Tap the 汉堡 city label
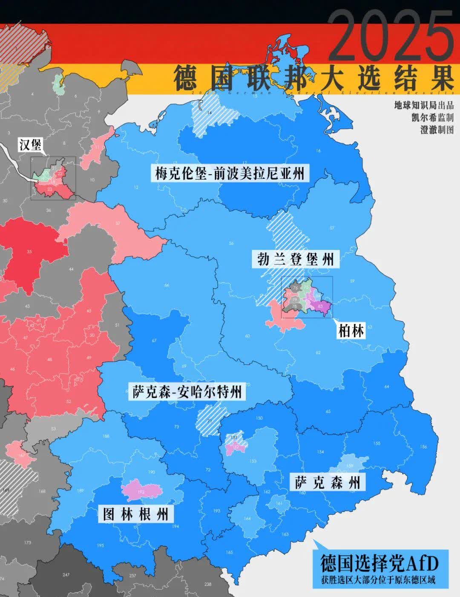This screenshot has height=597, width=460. (x=31, y=145)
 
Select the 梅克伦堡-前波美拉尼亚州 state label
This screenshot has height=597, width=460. (x=230, y=174)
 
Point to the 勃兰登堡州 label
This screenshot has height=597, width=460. (x=295, y=258)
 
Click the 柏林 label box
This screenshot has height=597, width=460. (x=351, y=330)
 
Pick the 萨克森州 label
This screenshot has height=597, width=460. (x=328, y=482)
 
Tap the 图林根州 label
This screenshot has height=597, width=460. (x=136, y=514)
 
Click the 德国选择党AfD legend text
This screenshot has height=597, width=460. (x=379, y=563)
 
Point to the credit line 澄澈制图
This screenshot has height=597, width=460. (x=437, y=130)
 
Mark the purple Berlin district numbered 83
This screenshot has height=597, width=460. (x=321, y=306)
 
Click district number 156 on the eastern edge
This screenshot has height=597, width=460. (x=423, y=446)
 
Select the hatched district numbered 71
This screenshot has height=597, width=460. (x=209, y=420)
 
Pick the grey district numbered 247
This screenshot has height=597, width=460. (x=66, y=574)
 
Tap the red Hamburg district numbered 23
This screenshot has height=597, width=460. (x=50, y=189)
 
